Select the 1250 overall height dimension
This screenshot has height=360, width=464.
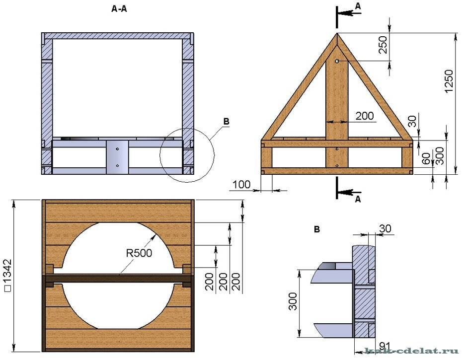coord(449,81)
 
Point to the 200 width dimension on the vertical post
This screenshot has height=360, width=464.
coord(365,116)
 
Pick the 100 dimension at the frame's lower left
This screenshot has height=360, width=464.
coord(241,185)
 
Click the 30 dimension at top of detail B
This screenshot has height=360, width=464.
coord(385,228)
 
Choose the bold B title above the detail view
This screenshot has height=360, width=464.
coord(317,229)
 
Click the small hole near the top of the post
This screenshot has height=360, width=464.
coord(337,61)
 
